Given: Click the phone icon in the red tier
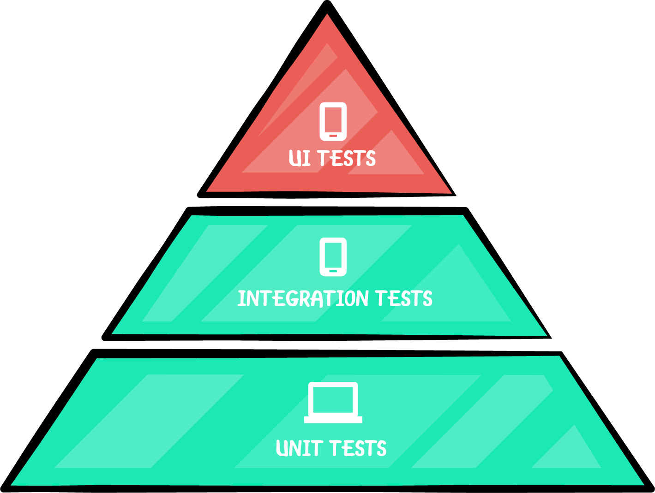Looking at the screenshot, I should point(333,121).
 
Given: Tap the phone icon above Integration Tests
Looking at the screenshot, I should point(333,257).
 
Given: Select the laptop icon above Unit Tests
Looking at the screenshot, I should point(333,403).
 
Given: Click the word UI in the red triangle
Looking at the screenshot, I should point(299,158).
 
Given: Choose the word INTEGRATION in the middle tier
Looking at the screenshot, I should point(303,299).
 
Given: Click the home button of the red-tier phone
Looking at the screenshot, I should point(333,136).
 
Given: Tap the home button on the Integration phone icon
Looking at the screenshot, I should point(333,271).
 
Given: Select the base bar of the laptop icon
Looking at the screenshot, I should point(333,420).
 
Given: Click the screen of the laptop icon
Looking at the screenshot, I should point(333,399).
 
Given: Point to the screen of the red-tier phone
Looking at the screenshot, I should point(333,119).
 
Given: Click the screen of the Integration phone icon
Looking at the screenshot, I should point(333,255).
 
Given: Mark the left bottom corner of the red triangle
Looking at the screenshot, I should point(208,190).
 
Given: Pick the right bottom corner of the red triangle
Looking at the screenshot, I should point(450,192).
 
